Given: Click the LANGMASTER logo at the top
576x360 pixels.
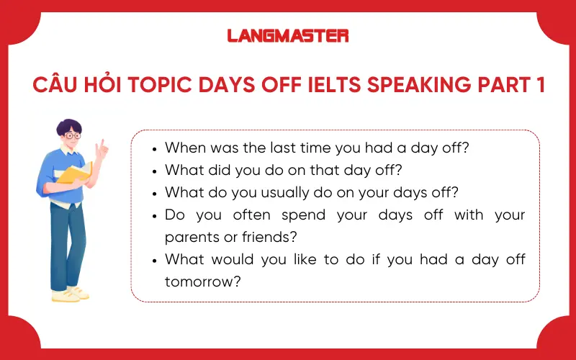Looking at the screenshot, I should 288,35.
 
